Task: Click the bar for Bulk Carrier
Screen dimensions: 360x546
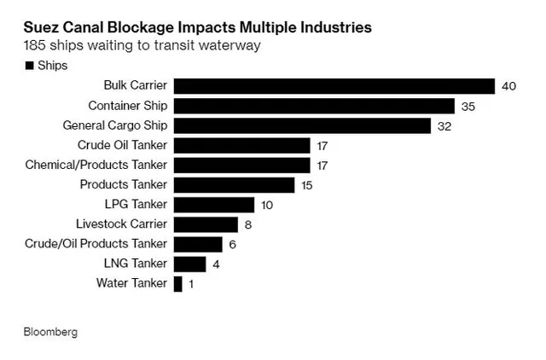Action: click(334, 86)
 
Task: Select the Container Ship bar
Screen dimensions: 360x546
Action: click(314, 106)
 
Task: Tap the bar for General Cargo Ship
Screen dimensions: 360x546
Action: click(302, 125)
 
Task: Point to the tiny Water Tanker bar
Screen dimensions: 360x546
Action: click(177, 284)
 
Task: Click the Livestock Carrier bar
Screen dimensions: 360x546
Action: click(206, 224)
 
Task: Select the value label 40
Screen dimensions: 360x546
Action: click(510, 86)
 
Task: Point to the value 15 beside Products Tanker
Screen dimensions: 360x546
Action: click(308, 185)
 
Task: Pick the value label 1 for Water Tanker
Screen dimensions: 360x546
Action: click(191, 284)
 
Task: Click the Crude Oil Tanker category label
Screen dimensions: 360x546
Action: click(122, 145)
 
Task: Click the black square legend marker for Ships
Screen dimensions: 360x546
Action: click(30, 66)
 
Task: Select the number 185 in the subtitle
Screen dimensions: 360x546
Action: click(36, 47)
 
